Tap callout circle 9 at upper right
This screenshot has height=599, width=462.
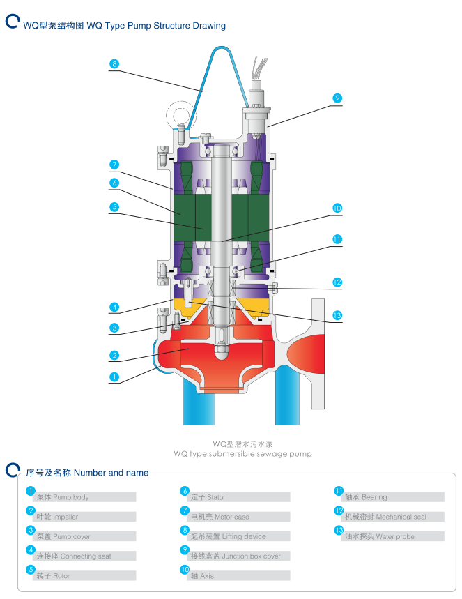click(x=337, y=98)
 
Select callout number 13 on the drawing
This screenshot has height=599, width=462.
click(x=337, y=315)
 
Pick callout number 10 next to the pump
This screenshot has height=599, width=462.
click(x=337, y=208)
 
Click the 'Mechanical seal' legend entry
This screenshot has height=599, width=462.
click(x=394, y=517)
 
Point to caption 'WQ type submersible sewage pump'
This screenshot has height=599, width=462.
click(x=242, y=453)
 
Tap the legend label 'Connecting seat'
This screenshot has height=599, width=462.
click(x=73, y=556)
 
